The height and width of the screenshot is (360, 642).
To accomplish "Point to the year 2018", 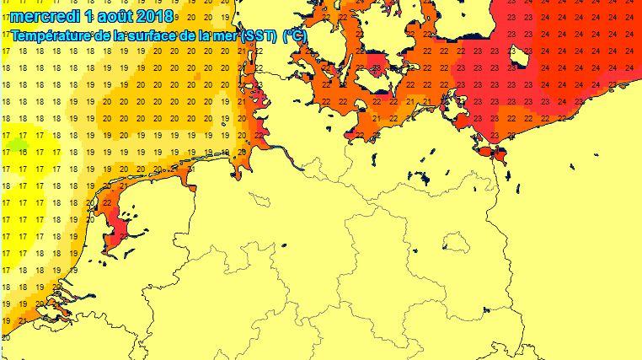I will [152, 17].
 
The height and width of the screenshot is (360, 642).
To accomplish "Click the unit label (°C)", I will [295, 35].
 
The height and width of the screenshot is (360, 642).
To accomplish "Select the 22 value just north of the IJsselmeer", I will [107, 202].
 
